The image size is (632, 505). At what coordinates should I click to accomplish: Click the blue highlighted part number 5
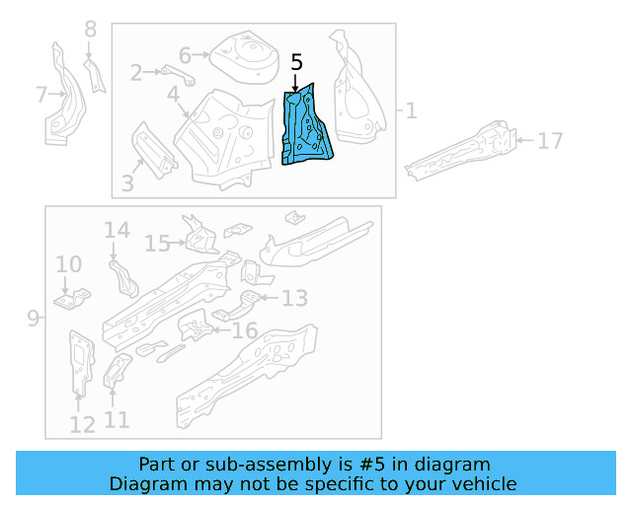click(307, 125)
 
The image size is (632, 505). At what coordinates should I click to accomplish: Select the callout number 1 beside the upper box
click(411, 110)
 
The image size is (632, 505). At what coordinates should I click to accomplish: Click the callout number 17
click(550, 141)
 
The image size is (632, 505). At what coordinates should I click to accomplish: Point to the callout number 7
click(41, 96)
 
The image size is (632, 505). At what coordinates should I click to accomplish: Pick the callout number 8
click(91, 30)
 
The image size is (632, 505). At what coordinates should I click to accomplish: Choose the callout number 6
click(185, 55)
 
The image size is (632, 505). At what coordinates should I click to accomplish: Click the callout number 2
click(136, 71)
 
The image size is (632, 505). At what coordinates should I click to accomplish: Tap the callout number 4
click(173, 95)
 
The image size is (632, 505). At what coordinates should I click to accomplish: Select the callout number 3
click(127, 182)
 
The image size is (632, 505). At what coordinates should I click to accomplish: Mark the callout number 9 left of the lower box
click(33, 318)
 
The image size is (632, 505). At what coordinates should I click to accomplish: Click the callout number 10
click(68, 263)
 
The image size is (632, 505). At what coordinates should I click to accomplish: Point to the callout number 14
click(117, 231)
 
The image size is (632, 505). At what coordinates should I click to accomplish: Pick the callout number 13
click(294, 298)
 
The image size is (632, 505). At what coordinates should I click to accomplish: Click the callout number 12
click(82, 424)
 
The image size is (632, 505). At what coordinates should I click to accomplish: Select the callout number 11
click(116, 420)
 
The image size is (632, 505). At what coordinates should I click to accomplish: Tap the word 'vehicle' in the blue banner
click(482, 483)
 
